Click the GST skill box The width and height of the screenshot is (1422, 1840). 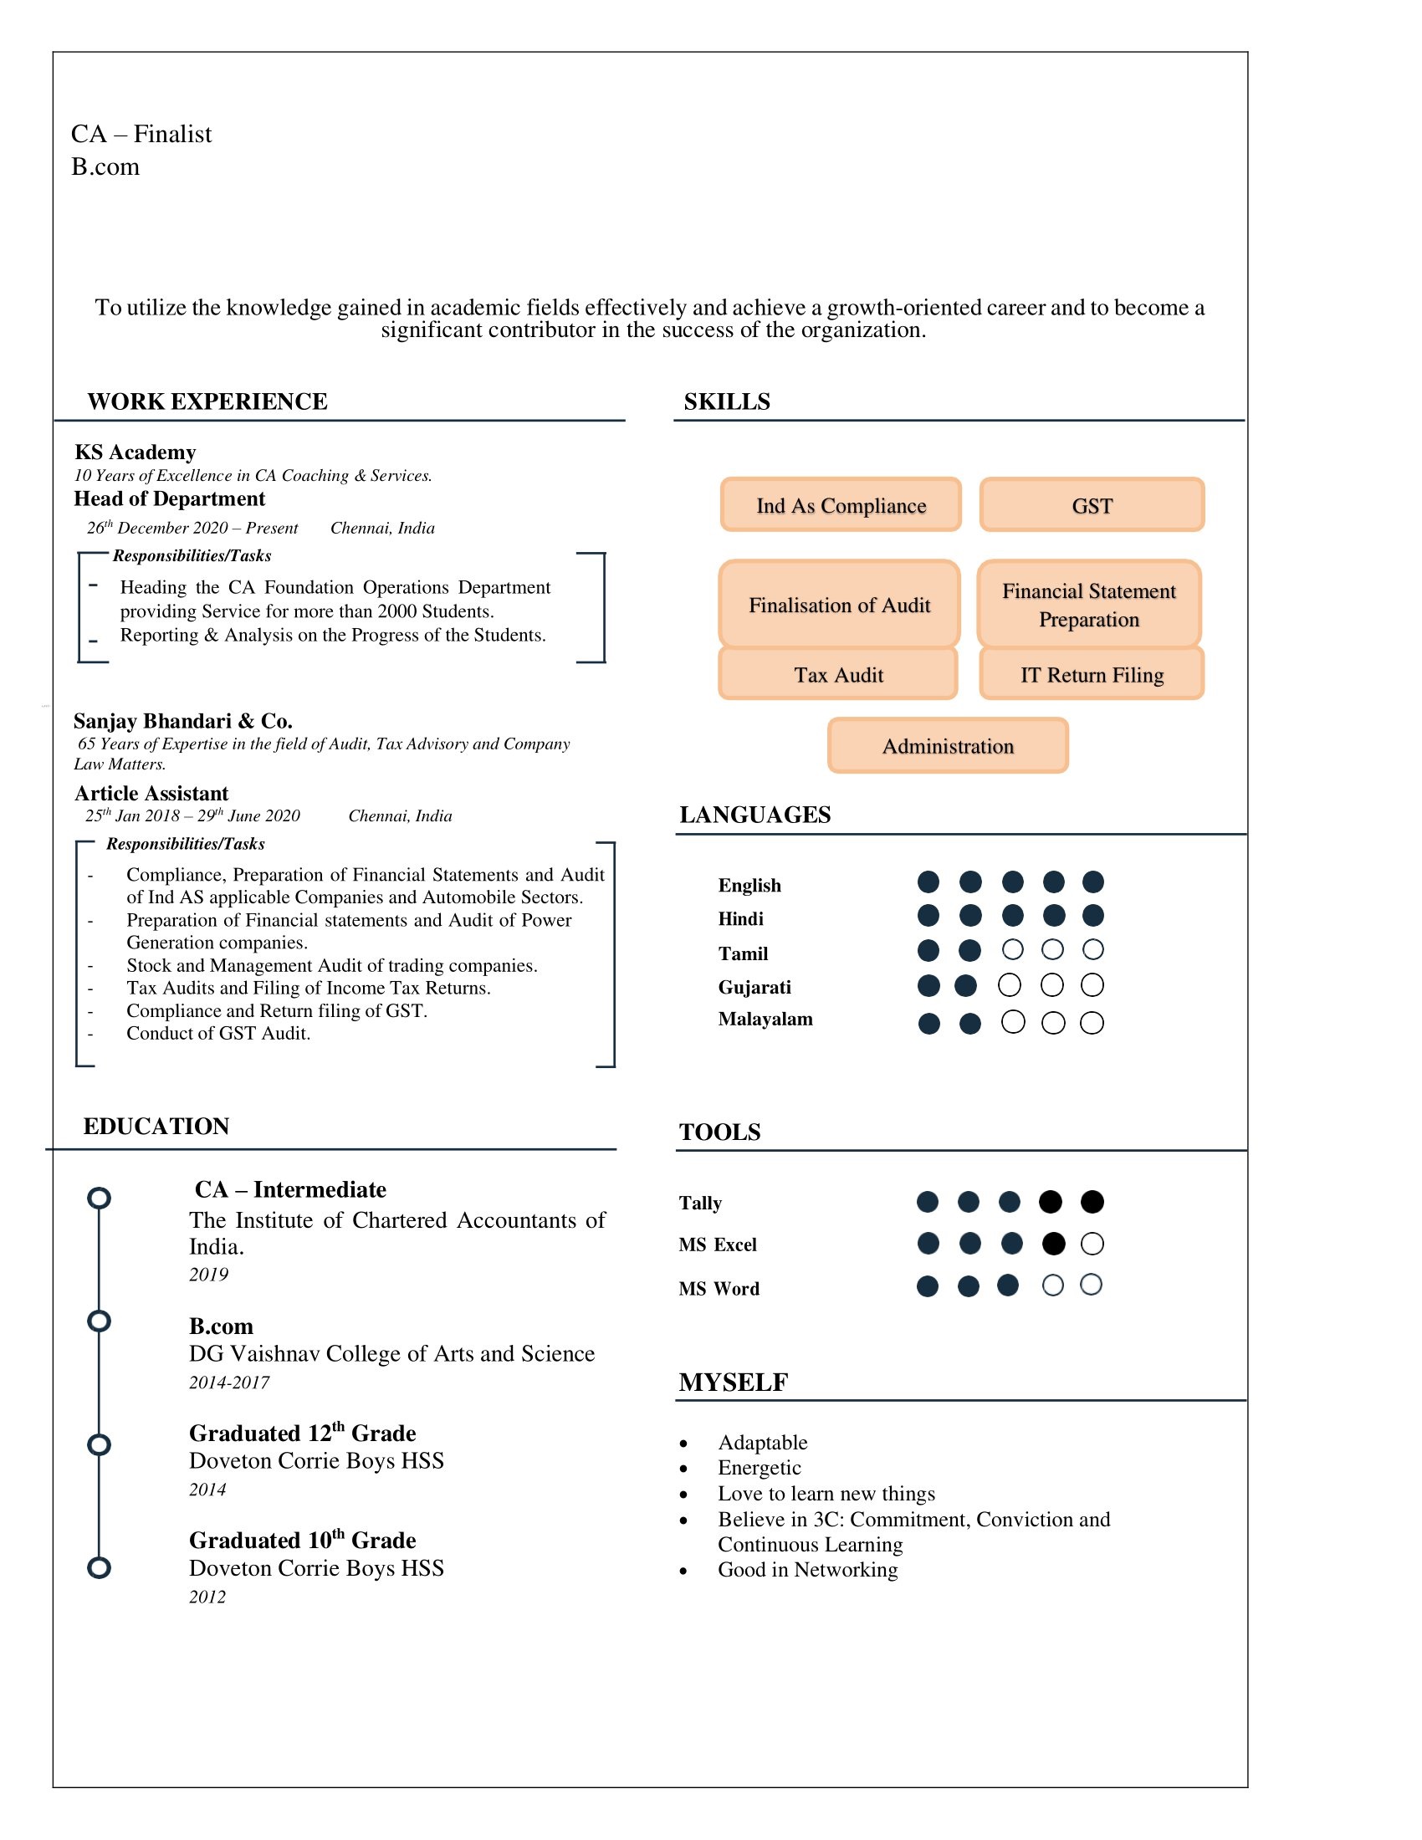click(x=1092, y=505)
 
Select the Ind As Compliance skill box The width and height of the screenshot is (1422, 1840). click(x=841, y=505)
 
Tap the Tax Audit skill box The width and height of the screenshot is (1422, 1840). click(x=838, y=674)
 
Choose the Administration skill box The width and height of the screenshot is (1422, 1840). click(x=948, y=745)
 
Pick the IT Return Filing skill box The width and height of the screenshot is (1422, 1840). click(x=1092, y=674)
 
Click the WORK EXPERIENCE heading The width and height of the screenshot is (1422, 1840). click(x=207, y=401)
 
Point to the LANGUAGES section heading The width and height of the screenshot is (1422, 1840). click(x=754, y=815)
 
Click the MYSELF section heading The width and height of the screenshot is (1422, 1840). click(x=733, y=1383)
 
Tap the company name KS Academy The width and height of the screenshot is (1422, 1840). click(x=135, y=452)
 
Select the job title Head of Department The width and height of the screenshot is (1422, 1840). click(x=169, y=498)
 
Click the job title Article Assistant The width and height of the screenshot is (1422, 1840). click(x=151, y=794)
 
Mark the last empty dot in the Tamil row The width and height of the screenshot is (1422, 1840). click(x=1092, y=949)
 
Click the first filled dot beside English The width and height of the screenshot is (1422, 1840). click(x=928, y=882)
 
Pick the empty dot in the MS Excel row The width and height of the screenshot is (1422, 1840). click(x=1092, y=1244)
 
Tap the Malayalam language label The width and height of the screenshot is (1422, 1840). click(x=765, y=1020)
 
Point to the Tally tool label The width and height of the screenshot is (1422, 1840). click(x=700, y=1203)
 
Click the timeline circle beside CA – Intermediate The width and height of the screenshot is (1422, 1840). click(x=100, y=1198)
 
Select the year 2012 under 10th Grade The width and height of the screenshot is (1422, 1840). click(x=207, y=1597)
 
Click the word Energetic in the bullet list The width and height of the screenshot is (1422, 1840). click(x=759, y=1468)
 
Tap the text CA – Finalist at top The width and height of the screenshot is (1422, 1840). click(x=141, y=134)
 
